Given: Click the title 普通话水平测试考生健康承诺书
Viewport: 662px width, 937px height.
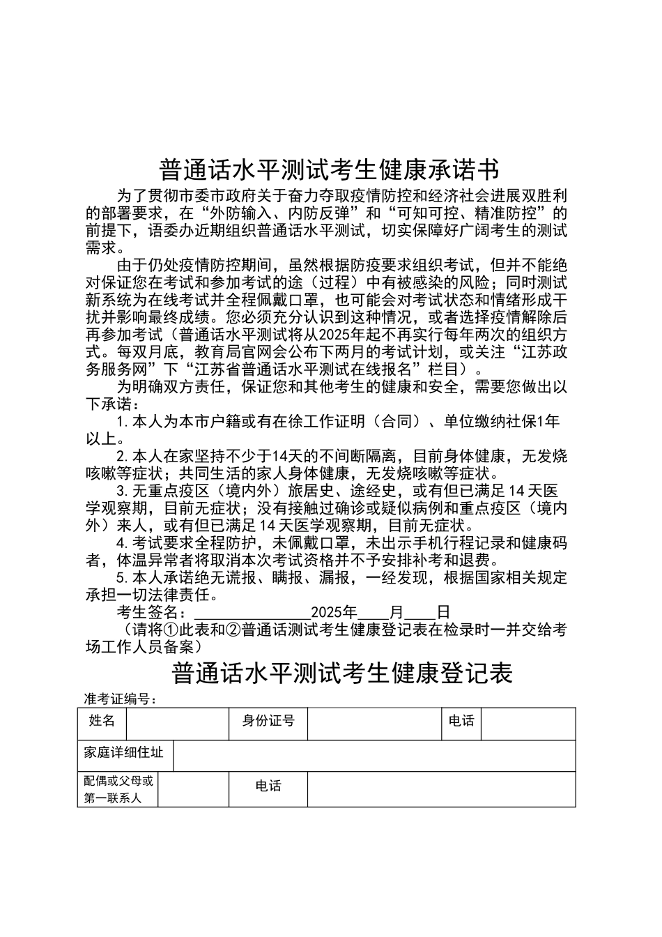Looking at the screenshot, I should pyautogui.click(x=329, y=169).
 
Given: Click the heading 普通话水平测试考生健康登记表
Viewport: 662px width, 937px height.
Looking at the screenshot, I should pyautogui.click(x=341, y=673).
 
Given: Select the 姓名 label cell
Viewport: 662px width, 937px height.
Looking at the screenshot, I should pyautogui.click(x=102, y=723).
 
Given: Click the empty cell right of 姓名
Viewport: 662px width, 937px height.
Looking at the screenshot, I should pyautogui.click(x=177, y=723).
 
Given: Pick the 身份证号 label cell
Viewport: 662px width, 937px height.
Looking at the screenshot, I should pyautogui.click(x=268, y=723).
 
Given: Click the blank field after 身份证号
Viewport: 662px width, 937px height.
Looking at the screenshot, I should pyautogui.click(x=374, y=723).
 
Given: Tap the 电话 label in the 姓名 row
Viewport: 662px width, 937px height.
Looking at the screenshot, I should pyautogui.click(x=461, y=723).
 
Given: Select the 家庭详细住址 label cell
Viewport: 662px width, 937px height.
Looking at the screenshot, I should pyautogui.click(x=125, y=755).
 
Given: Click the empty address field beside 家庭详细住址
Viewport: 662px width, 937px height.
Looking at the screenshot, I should pyautogui.click(x=374, y=755).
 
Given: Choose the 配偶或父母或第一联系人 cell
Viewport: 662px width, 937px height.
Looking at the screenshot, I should pyautogui.click(x=118, y=789).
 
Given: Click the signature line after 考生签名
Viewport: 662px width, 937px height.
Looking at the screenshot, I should pyautogui.click(x=251, y=612).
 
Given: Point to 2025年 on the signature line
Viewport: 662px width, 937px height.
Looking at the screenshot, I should pyautogui.click(x=334, y=612).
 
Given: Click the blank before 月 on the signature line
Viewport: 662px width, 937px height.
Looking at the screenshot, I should pyautogui.click(x=374, y=612).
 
